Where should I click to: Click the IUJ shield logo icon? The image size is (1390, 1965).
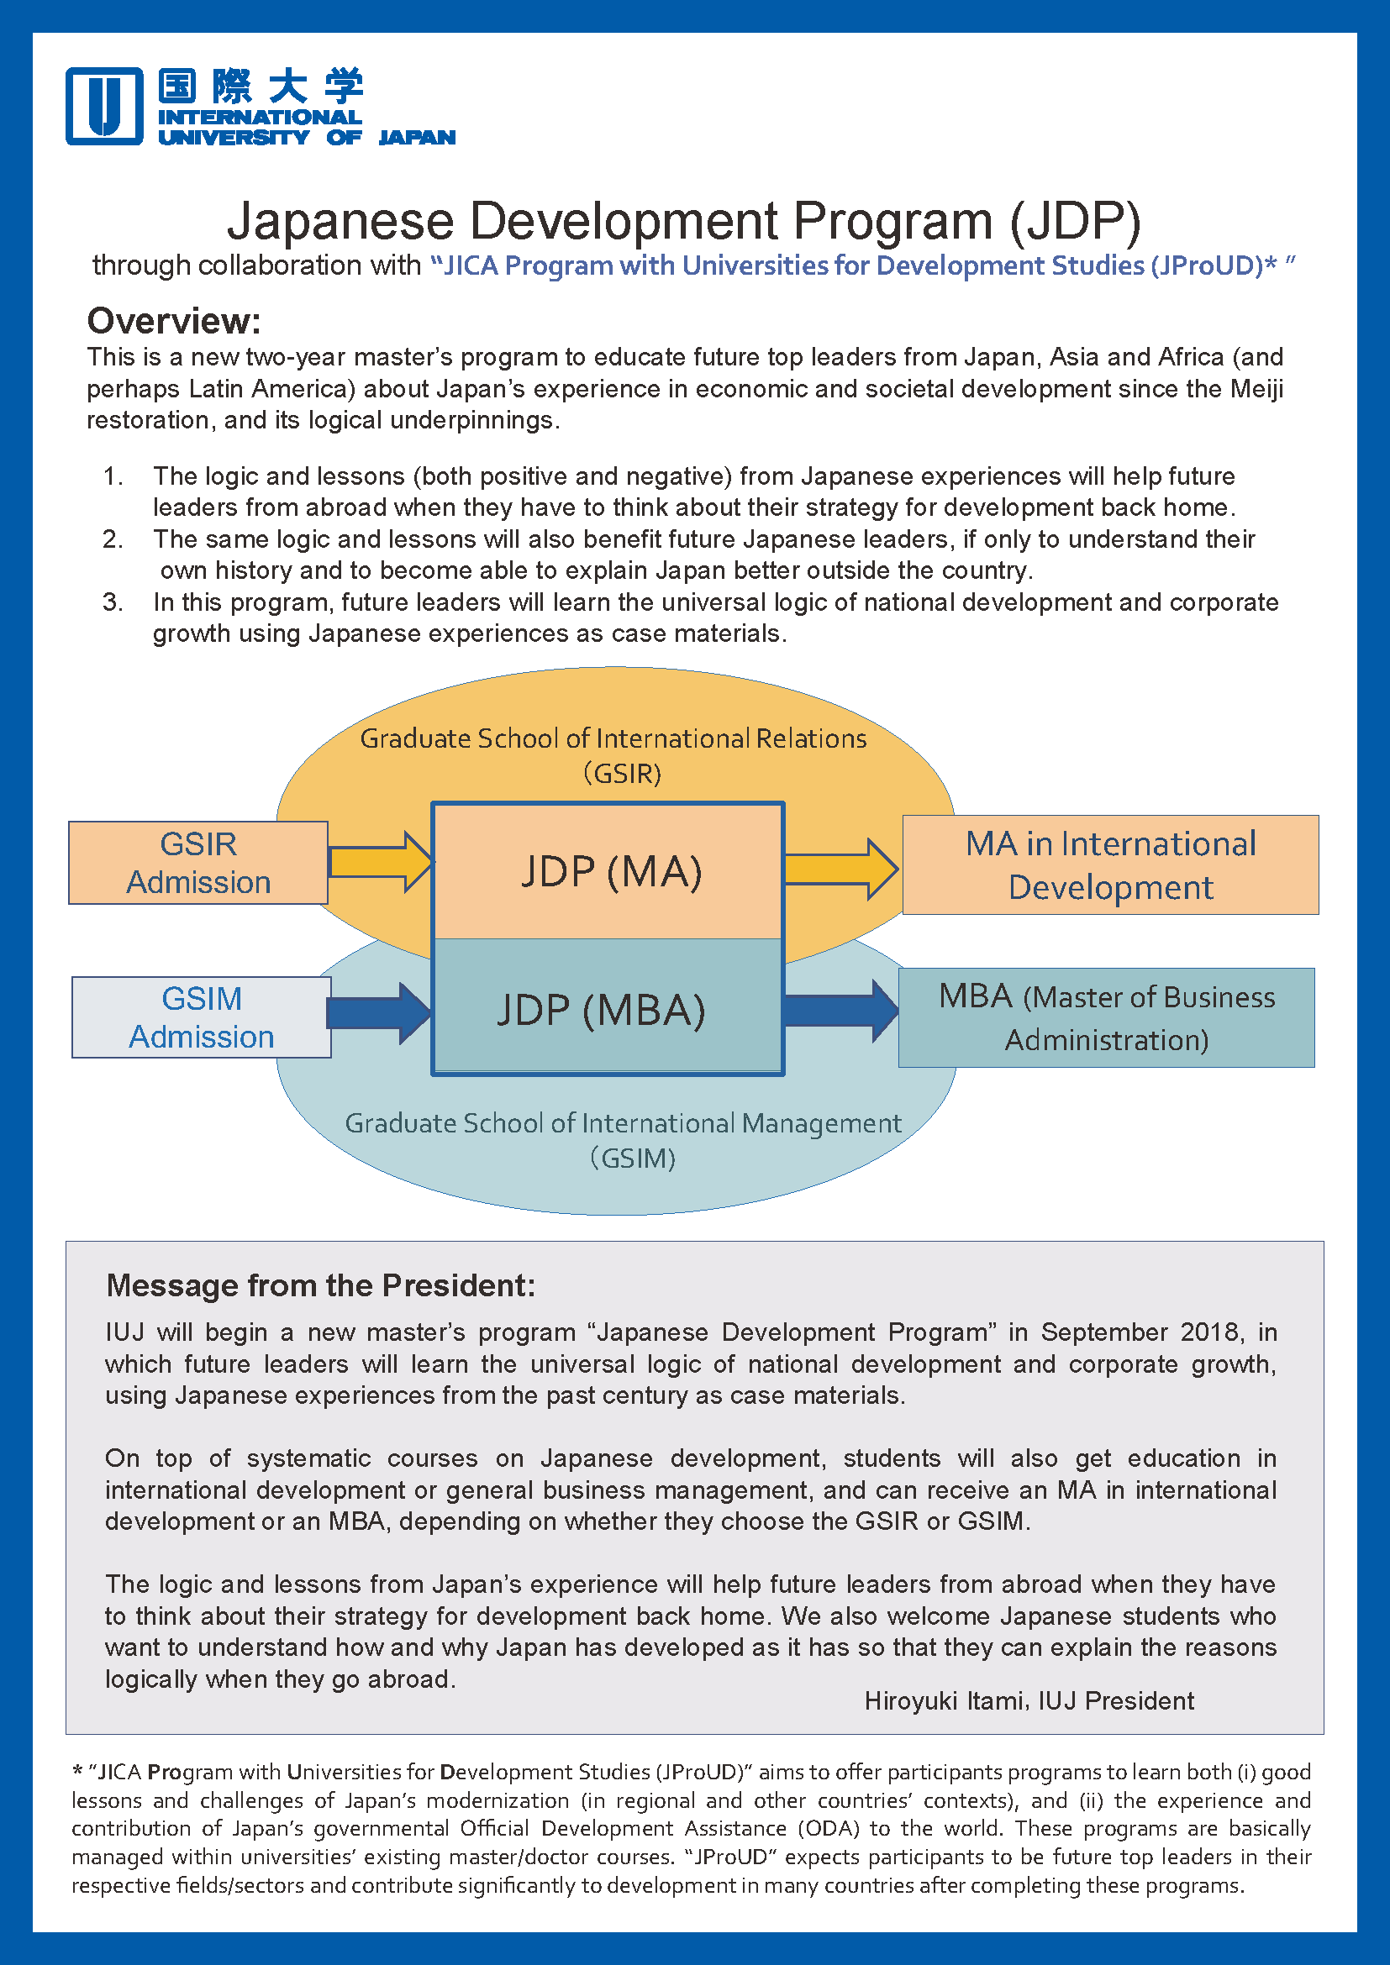(104, 106)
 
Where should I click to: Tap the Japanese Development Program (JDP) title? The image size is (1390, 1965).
(683, 221)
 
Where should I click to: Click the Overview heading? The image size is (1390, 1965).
(174, 321)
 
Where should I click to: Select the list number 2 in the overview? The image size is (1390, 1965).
(113, 539)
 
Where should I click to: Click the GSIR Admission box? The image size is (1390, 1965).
(198, 863)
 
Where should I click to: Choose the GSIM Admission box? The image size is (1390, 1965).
(202, 1017)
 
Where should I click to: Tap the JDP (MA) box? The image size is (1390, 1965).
(609, 871)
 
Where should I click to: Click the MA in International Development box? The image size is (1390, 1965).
(1110, 865)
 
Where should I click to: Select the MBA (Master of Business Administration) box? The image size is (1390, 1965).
(1106, 1017)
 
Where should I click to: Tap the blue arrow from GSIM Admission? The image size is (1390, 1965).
(378, 1013)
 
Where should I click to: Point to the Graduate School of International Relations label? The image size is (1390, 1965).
(613, 755)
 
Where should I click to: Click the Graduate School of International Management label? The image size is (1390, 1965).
(623, 1139)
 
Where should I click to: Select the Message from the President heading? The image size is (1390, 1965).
(320, 1285)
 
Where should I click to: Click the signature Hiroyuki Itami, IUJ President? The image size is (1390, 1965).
(1029, 1700)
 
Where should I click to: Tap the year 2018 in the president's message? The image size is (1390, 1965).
(1208, 1332)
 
